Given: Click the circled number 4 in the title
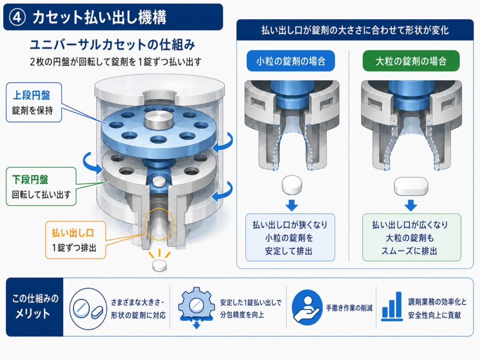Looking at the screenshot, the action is [x=17, y=17].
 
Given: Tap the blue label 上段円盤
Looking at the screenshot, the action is [x=31, y=95].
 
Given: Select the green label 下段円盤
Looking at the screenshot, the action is [x=30, y=180].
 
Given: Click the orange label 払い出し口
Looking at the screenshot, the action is [x=73, y=233].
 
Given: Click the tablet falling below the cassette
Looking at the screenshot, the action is [x=160, y=266].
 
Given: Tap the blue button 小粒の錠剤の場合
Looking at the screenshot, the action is [x=291, y=61].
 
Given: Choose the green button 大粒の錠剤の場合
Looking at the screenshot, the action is [x=411, y=61].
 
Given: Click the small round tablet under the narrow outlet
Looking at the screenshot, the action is [x=292, y=185].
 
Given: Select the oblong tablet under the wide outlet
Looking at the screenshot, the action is [x=411, y=186].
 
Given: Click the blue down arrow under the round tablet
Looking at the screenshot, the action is [x=292, y=205].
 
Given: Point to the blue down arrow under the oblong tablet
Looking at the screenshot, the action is [x=411, y=205].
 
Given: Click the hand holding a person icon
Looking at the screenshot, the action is [x=307, y=307].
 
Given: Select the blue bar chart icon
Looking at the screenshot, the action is [x=392, y=306].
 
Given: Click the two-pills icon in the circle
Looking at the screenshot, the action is [x=88, y=309].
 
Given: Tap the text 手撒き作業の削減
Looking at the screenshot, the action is [x=349, y=308].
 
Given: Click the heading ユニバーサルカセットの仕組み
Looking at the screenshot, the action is [x=112, y=45].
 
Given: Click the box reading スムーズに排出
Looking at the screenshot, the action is [x=412, y=238].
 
